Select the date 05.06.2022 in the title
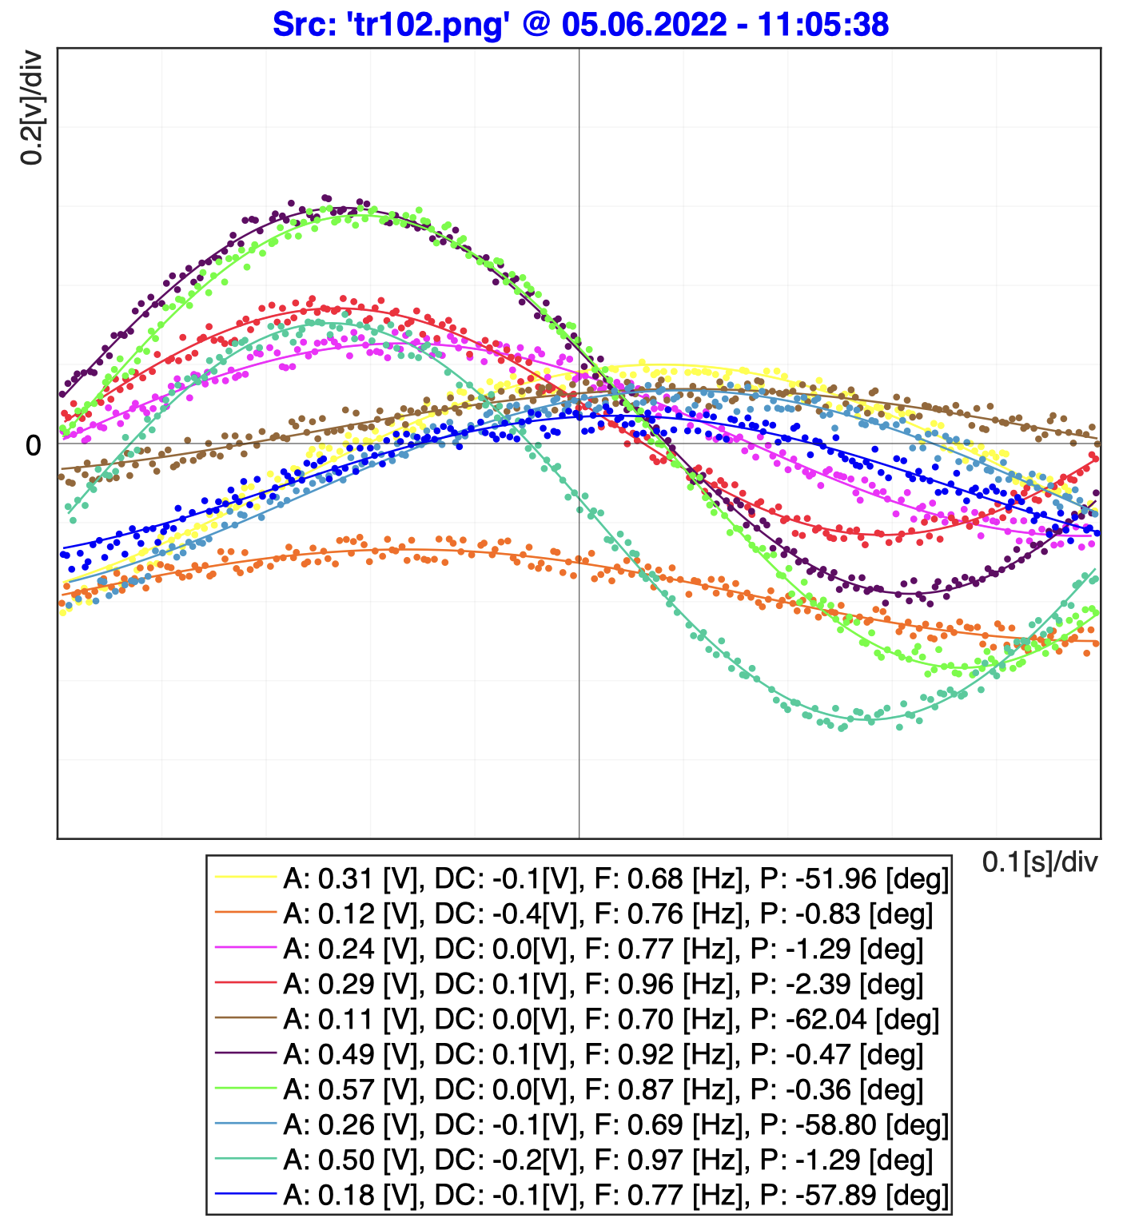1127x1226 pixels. click(x=644, y=24)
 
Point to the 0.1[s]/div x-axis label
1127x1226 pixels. click(x=1039, y=862)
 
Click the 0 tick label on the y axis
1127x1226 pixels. click(x=34, y=445)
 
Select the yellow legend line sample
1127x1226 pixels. click(x=245, y=878)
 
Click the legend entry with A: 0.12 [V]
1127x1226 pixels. click(x=607, y=914)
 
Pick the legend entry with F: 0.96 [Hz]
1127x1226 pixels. click(x=603, y=984)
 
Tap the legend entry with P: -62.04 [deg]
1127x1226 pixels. click(x=611, y=1019)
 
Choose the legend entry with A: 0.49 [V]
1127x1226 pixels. click(x=603, y=1054)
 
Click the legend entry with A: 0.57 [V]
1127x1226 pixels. click(x=603, y=1089)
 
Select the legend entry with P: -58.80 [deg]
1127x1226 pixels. click(x=615, y=1124)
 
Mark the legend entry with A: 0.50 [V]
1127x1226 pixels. click(x=607, y=1160)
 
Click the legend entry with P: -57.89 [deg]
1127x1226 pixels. click(x=615, y=1195)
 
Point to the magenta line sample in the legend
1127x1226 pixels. click(x=245, y=949)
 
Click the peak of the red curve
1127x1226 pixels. click(x=336, y=308)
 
